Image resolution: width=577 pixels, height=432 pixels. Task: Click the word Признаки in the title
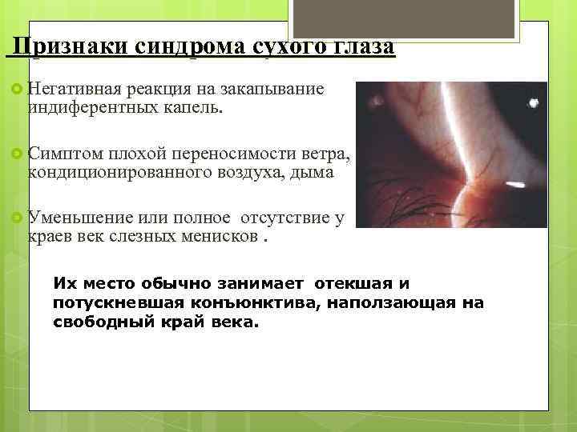pyautogui.click(x=67, y=46)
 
